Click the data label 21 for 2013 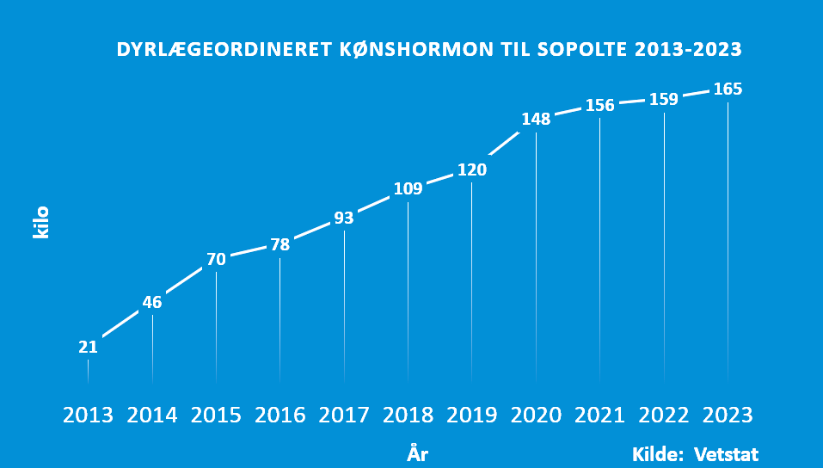pyautogui.click(x=88, y=348)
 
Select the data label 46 pyautogui.click(x=152, y=302)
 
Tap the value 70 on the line pyautogui.click(x=216, y=259)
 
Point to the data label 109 pyautogui.click(x=408, y=188)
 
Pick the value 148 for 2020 pyautogui.click(x=536, y=120)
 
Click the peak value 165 pyautogui.click(x=728, y=89)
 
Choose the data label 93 pyautogui.click(x=344, y=219)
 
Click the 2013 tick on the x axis pyautogui.click(x=88, y=416)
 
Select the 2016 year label pyautogui.click(x=279, y=416)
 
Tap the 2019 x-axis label pyautogui.click(x=471, y=416)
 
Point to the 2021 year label pyautogui.click(x=599, y=416)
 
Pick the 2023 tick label pyautogui.click(x=728, y=416)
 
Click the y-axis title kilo pyautogui.click(x=41, y=222)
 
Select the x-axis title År pyautogui.click(x=417, y=453)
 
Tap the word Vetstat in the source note pyautogui.click(x=727, y=453)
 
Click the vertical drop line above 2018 pyautogui.click(x=408, y=292)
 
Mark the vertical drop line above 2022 pyautogui.click(x=664, y=249)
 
